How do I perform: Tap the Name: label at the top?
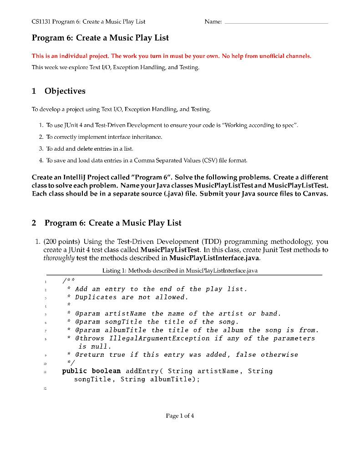[x=213, y=21]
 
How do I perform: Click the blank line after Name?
[x=276, y=22]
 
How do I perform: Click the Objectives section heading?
[x=65, y=91]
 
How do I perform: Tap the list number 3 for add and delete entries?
[x=41, y=148]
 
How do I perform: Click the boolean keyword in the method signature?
[x=106, y=371]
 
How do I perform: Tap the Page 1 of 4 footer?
[x=180, y=415]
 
